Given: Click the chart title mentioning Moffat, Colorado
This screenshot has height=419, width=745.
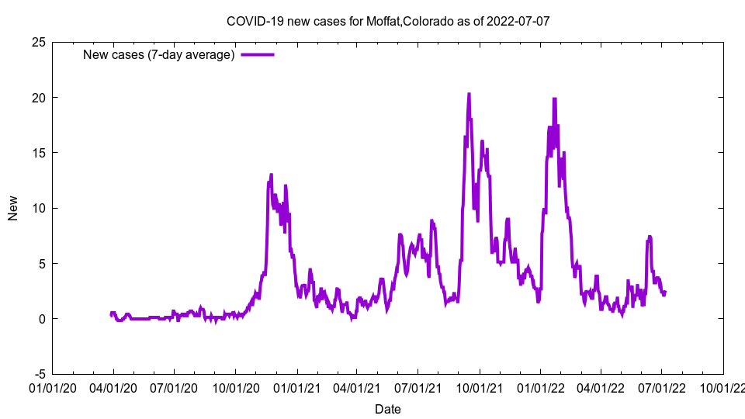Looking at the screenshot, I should tap(387, 21).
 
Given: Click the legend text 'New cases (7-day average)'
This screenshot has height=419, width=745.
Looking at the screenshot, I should tap(158, 55).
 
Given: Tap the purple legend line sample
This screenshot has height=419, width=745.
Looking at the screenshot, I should tap(257, 55).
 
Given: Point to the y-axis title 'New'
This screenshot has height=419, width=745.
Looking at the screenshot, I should tap(13, 208).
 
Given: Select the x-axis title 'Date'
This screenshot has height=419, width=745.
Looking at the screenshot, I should tap(387, 409).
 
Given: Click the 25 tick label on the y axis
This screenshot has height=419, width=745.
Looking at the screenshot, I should tap(37, 42).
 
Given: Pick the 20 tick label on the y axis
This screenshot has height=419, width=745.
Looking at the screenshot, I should tap(37, 98).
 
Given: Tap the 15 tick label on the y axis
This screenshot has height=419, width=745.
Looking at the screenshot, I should tap(37, 153).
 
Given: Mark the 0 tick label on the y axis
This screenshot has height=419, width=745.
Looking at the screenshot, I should tap(41, 319).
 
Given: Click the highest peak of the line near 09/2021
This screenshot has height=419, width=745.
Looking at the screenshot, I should tap(469, 95).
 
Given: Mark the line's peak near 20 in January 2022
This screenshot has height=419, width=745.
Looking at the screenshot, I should tap(554, 99).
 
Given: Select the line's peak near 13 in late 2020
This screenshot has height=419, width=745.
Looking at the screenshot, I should tap(271, 175).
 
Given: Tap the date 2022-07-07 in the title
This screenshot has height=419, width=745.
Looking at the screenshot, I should tap(518, 21).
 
